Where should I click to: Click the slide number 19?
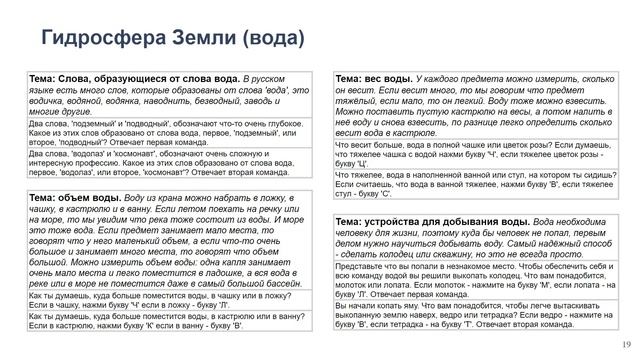626,344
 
